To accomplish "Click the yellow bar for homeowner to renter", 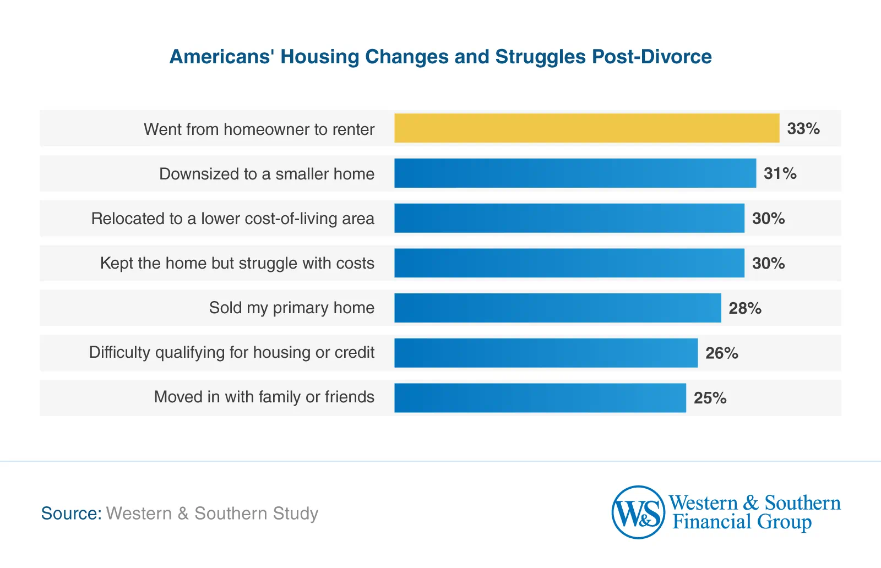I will click(586, 128).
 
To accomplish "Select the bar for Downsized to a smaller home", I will click(575, 173).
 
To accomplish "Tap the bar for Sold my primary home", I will click(557, 308).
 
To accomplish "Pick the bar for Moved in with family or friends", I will click(540, 397).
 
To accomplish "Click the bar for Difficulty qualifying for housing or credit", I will click(546, 353).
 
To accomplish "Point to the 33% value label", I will click(803, 129).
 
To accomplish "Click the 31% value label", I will click(780, 174).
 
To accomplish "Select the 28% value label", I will click(745, 308).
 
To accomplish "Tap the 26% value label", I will click(721, 353).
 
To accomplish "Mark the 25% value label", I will click(710, 398).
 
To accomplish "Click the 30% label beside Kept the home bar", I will click(768, 264).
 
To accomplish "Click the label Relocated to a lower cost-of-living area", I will click(232, 219).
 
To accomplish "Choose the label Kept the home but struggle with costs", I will click(237, 263).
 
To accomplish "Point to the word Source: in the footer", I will click(71, 514).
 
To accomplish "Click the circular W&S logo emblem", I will click(638, 512).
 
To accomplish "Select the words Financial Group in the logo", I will click(742, 522).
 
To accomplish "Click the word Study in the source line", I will click(296, 514).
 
